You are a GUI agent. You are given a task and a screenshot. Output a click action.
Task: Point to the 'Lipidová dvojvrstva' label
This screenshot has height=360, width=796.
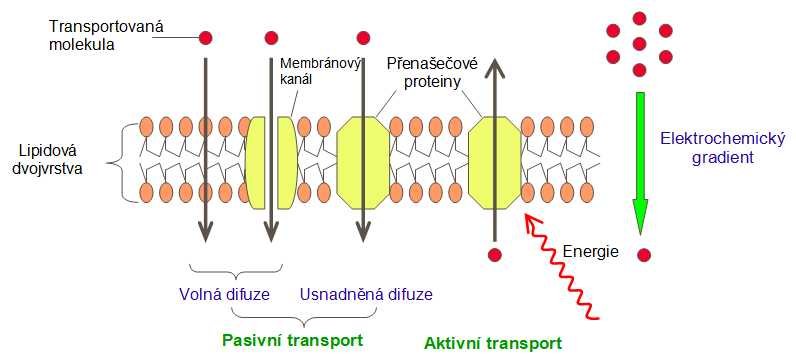pos(49,159)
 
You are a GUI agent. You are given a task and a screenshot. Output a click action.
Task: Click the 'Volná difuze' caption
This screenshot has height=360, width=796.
pos(229,296)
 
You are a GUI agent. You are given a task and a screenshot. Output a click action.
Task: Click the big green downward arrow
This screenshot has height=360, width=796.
pos(640,160)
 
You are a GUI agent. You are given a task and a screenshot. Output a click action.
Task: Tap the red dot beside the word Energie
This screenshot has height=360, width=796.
pos(645,254)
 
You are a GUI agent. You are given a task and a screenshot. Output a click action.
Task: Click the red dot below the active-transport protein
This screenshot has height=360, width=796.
pos(492,254)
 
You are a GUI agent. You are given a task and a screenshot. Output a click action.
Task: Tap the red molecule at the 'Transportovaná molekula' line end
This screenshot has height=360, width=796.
pos(206,38)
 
